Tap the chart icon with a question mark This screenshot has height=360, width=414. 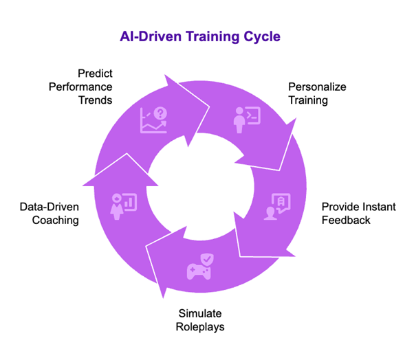153,120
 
